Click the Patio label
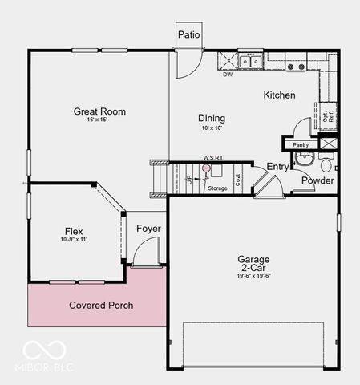pyautogui.click(x=188, y=34)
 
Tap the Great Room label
pyautogui.click(x=99, y=111)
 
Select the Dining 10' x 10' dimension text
pyautogui.click(x=212, y=128)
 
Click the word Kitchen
pyautogui.click(x=279, y=95)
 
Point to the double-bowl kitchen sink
pyautogui.click(x=250, y=61)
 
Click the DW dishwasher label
pyautogui.click(x=229, y=75)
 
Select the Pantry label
pyautogui.click(x=301, y=144)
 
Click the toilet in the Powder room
pyautogui.click(x=325, y=167)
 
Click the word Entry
pyautogui.click(x=277, y=167)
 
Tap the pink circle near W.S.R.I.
pyautogui.click(x=205, y=168)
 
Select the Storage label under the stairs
pyautogui.click(x=217, y=188)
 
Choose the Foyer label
pyautogui.click(x=148, y=229)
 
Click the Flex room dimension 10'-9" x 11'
pyautogui.click(x=73, y=240)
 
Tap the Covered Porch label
pyautogui.click(x=101, y=306)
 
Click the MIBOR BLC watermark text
pyautogui.click(x=44, y=368)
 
